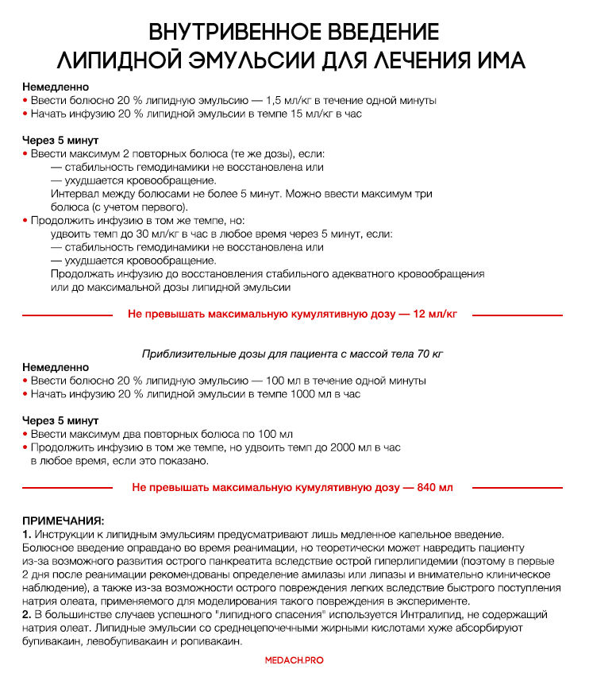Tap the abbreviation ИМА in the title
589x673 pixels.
tap(495, 60)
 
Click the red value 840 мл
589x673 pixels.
tap(435, 487)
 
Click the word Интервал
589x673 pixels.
tap(75, 193)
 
